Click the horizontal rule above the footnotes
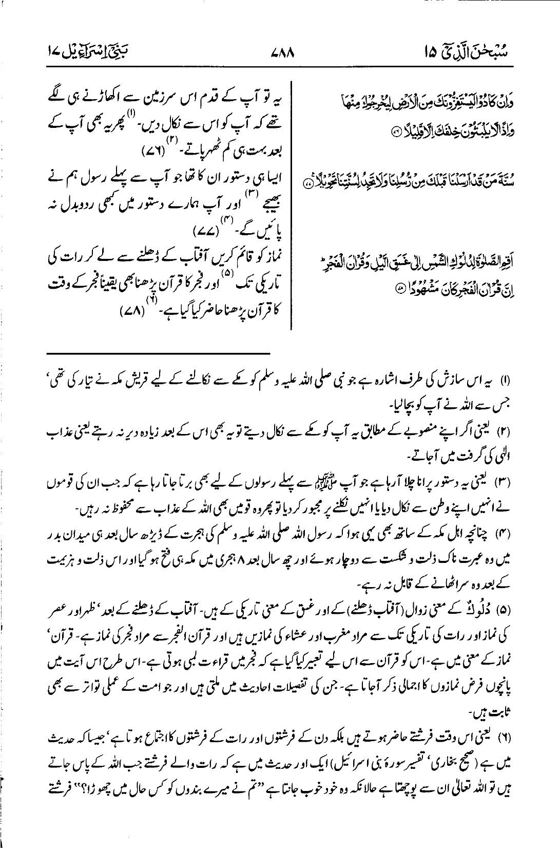tap(159, 353)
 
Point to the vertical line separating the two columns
tap(292, 205)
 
